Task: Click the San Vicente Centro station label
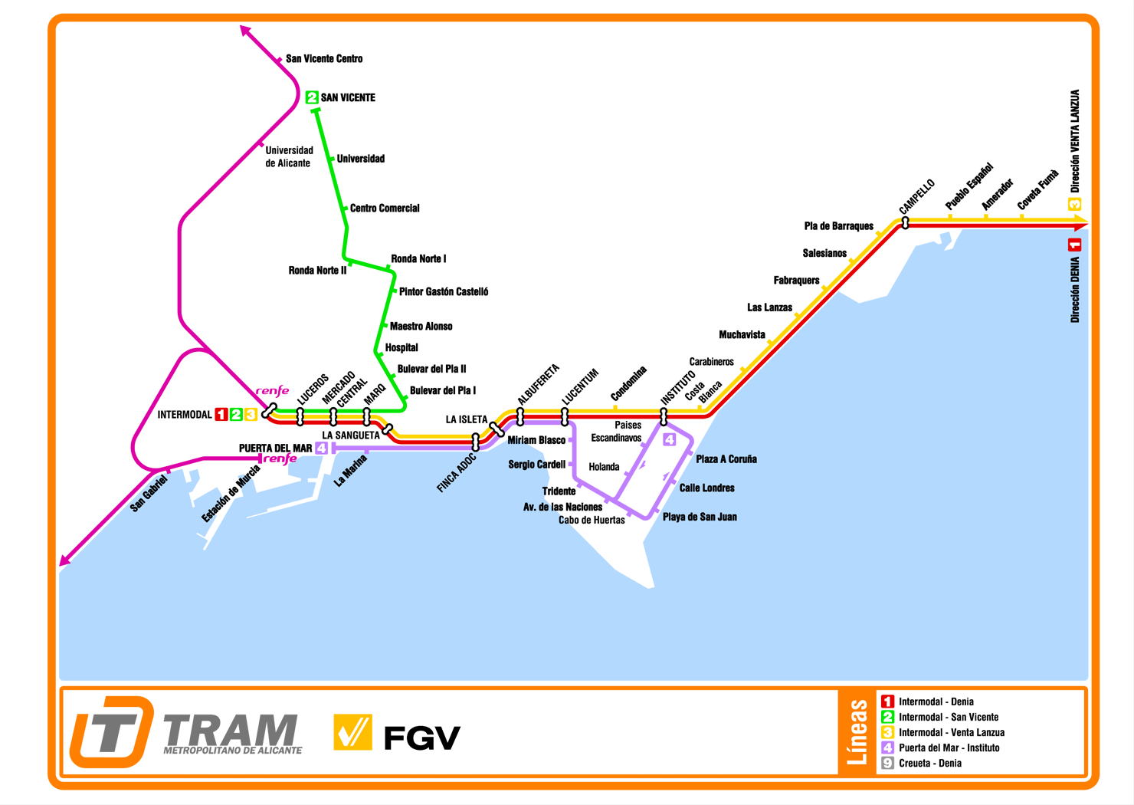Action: pos(323,59)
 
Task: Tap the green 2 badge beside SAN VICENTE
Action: pos(312,97)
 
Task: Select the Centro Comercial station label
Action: pos(385,209)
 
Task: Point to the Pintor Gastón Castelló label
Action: pos(443,292)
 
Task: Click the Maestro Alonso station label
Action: pos(421,327)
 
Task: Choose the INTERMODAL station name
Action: pos(185,415)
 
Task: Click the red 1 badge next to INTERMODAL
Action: pos(221,415)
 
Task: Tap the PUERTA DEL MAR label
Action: pos(275,449)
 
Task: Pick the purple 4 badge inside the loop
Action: pos(670,439)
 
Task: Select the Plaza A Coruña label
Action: pos(726,459)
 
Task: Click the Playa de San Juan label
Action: pos(700,517)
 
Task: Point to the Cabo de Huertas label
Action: pos(592,521)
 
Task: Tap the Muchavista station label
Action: pos(742,335)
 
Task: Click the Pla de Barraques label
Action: pos(838,226)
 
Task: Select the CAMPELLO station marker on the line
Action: pos(905,223)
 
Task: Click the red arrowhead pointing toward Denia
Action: pos(1080,225)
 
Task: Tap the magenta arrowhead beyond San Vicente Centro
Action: pos(245,31)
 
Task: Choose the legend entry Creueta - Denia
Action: pos(929,763)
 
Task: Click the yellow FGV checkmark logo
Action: pos(352,732)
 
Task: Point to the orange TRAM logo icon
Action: pos(111,731)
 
